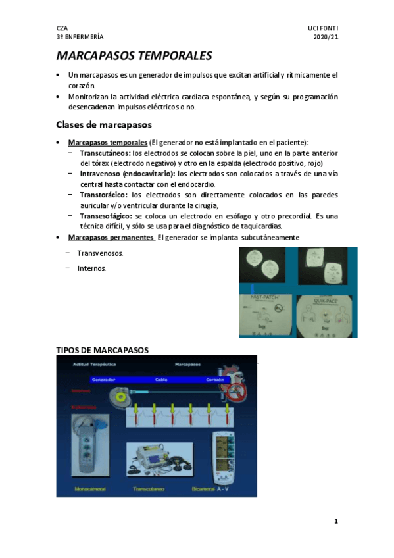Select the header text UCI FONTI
pyautogui.click(x=322, y=28)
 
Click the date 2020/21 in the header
pyautogui.click(x=326, y=38)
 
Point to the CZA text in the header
pyautogui.click(x=62, y=28)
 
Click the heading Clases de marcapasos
pyautogui.click(x=104, y=124)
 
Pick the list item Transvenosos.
pyautogui.click(x=99, y=253)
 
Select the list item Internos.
pyautogui.click(x=91, y=268)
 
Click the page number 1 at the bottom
pyautogui.click(x=335, y=522)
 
